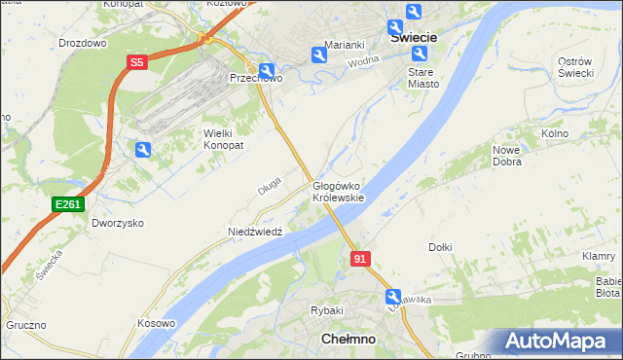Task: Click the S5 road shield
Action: pos(137,62)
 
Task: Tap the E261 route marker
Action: pos(68,203)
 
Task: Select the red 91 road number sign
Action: pos(360,259)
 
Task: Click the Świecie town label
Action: pos(413,37)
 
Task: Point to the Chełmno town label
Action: pos(348,339)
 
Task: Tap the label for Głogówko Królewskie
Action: pos(338,191)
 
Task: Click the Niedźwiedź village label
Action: pos(255,232)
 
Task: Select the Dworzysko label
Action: pos(118,223)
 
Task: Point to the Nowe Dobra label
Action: pos(507,156)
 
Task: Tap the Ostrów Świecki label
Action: pos(575,68)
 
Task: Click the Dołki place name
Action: pos(440,247)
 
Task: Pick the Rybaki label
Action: pos(327,310)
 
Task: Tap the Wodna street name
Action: pos(362,62)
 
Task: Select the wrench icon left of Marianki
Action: pos(318,55)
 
